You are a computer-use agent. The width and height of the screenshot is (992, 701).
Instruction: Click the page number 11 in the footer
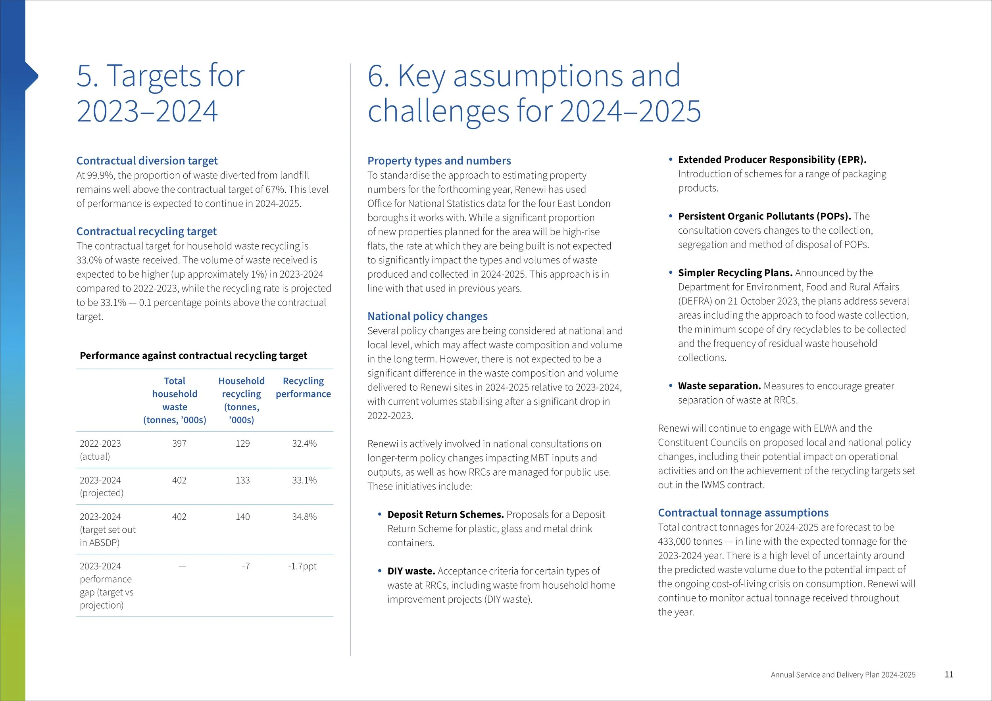point(949,674)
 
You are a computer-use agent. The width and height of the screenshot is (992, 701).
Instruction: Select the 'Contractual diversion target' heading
point(147,161)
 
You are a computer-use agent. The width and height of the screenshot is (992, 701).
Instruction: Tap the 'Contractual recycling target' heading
point(146,232)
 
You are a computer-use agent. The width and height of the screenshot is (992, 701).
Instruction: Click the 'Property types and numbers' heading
point(439,161)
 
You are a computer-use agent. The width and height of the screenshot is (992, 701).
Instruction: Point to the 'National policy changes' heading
point(427,316)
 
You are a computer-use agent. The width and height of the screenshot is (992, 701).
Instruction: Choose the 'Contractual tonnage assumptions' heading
point(743,513)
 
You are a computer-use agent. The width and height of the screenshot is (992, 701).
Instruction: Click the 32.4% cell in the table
point(304,444)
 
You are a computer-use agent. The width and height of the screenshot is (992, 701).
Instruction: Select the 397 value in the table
point(179,444)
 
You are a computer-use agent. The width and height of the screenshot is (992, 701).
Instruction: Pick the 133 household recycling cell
point(242,480)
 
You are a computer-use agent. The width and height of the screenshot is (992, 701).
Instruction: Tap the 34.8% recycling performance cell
point(304,517)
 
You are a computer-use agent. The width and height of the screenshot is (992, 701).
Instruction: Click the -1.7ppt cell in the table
point(302,566)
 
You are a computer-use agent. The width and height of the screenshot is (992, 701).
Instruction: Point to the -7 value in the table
point(245,566)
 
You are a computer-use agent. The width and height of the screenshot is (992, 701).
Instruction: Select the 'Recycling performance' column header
point(303,388)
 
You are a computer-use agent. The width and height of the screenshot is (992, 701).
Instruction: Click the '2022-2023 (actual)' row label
point(100,449)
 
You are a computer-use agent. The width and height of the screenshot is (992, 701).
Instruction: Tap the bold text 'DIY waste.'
point(411,571)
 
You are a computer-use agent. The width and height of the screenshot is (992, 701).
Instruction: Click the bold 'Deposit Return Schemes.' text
point(446,515)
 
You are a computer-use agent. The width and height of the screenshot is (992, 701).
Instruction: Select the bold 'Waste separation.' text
point(719,386)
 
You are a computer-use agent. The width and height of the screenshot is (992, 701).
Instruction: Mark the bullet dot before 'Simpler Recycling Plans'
point(671,273)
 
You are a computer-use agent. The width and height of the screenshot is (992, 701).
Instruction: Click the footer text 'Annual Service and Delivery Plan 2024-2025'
point(843,675)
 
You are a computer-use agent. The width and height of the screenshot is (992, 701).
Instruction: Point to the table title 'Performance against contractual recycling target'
point(193,355)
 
